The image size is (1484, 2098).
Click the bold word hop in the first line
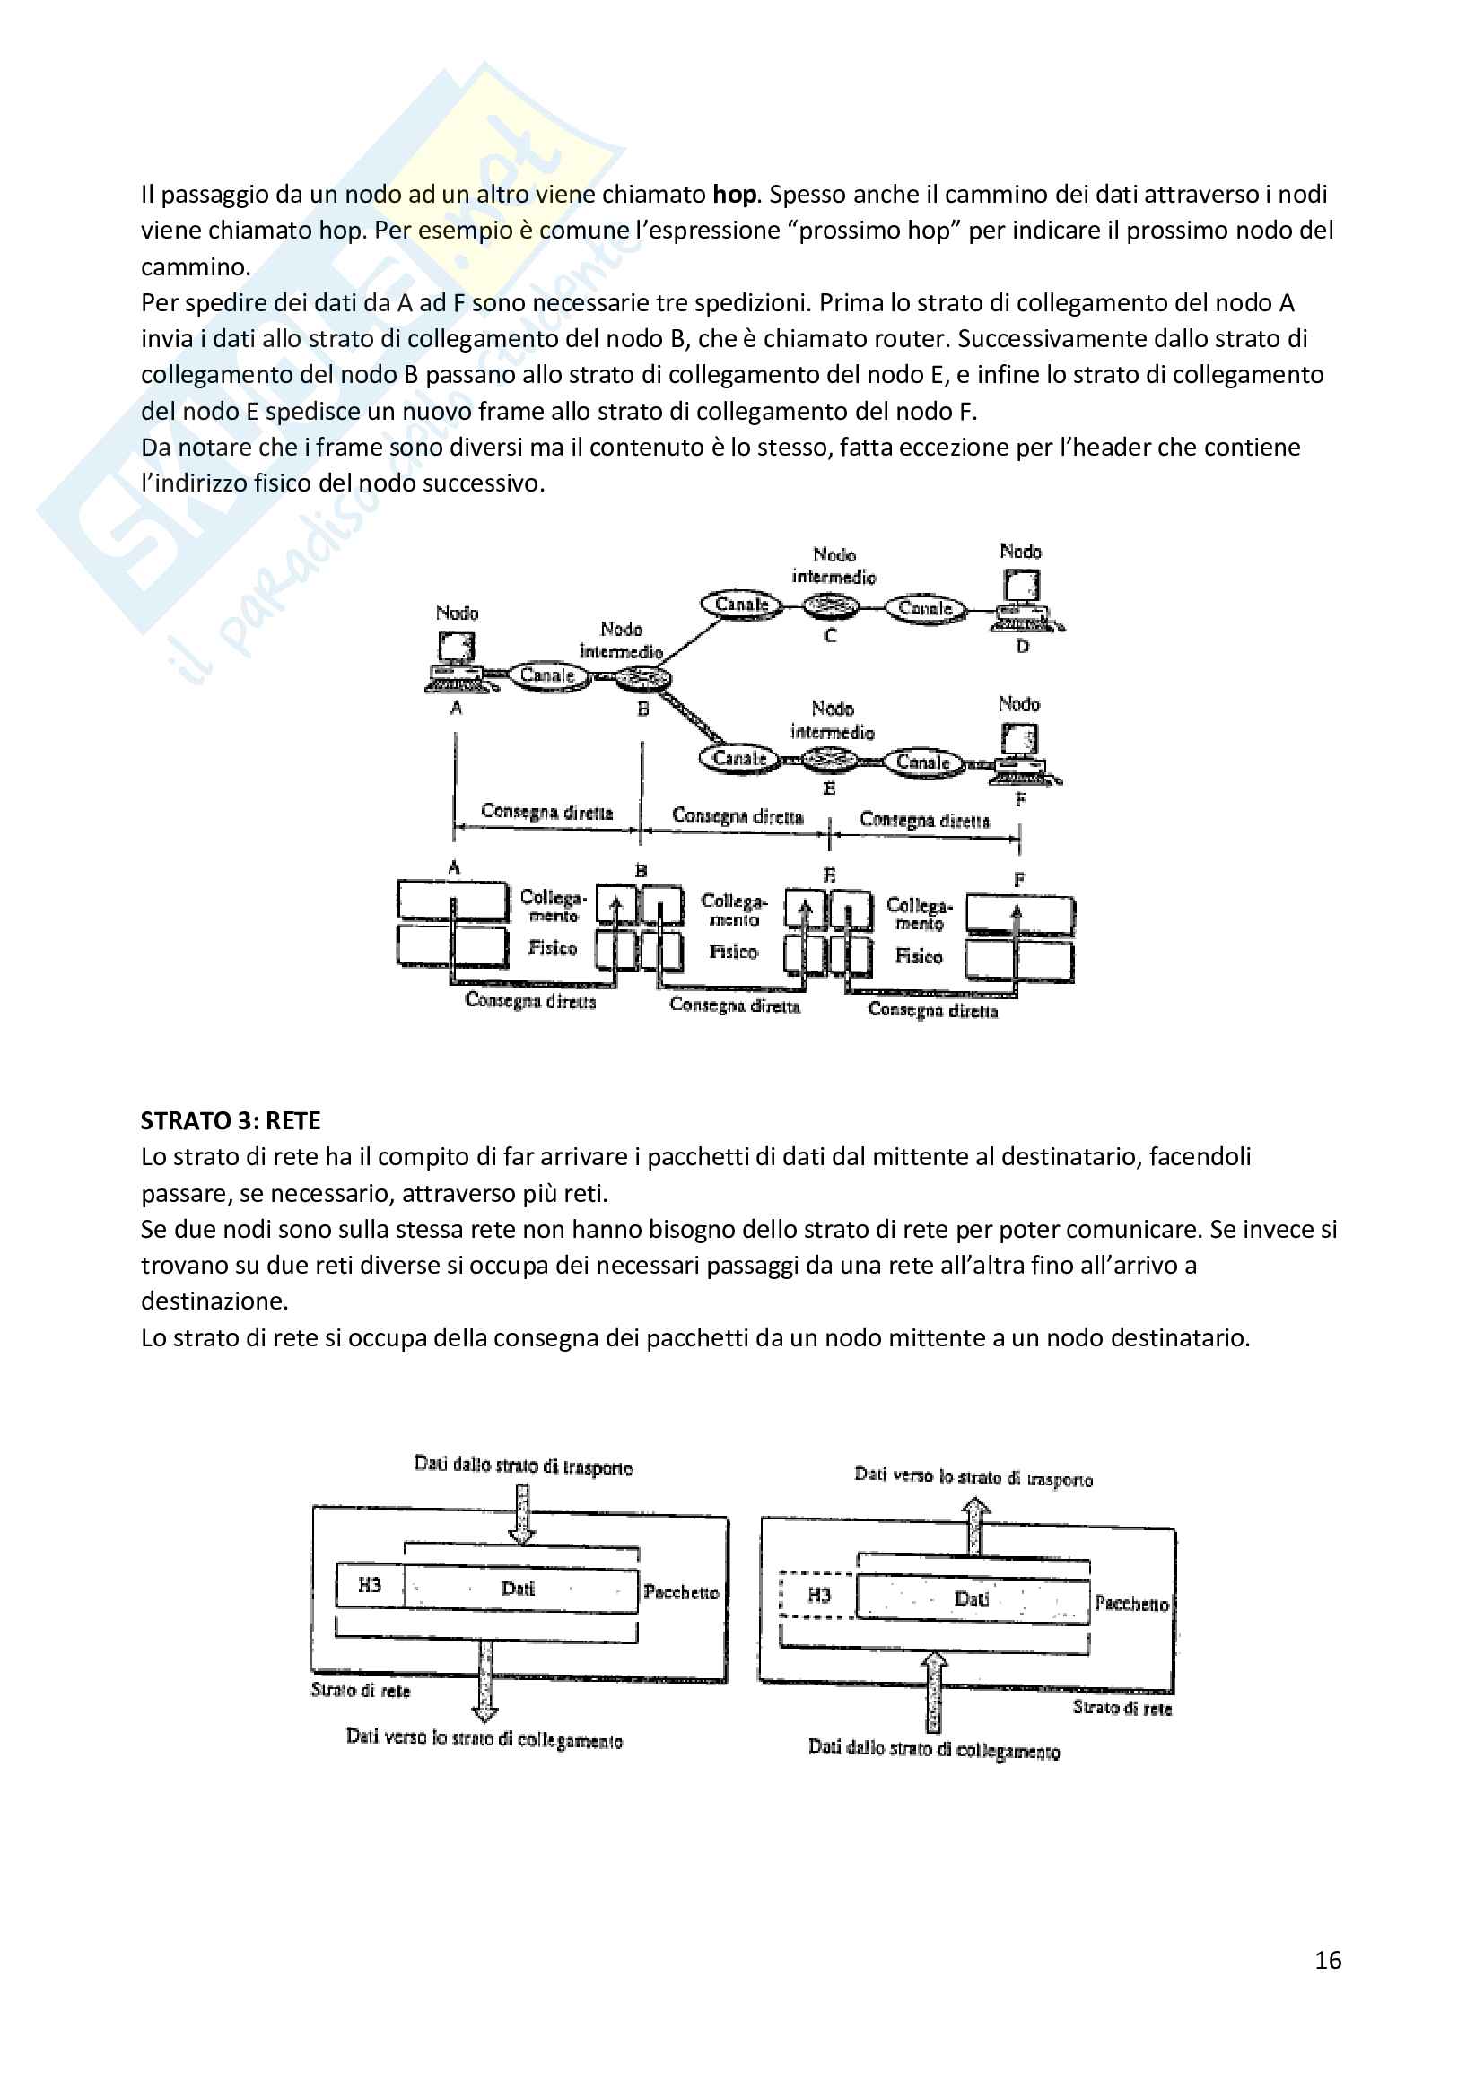pyautogui.click(x=734, y=194)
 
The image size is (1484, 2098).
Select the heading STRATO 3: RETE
pyautogui.click(x=231, y=1120)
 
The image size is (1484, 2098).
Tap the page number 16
pyautogui.click(x=1328, y=1960)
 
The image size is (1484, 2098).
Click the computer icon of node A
pyautogui.click(x=455, y=660)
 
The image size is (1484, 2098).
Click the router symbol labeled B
pyautogui.click(x=642, y=679)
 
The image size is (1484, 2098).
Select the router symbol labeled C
pyautogui.click(x=830, y=605)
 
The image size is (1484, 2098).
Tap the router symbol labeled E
pyautogui.click(x=830, y=759)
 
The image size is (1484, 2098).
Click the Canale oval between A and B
pyautogui.click(x=547, y=675)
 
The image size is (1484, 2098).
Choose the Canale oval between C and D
pyautogui.click(x=925, y=607)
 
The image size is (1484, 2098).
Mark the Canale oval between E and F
pyautogui.click(x=923, y=762)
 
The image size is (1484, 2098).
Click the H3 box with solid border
pyautogui.click(x=369, y=1584)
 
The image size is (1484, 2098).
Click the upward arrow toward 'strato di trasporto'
pyautogui.click(x=977, y=1526)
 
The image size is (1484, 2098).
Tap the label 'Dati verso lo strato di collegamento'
pyautogui.click(x=484, y=1738)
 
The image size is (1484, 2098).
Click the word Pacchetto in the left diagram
pyautogui.click(x=681, y=1592)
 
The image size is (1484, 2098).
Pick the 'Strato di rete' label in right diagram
pyautogui.click(x=1122, y=1707)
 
